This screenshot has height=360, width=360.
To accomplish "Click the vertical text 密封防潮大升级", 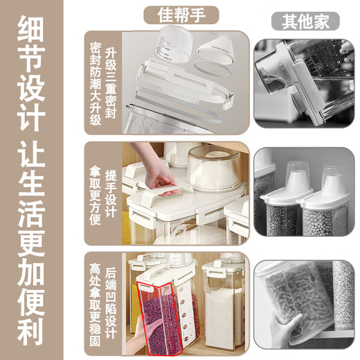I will (96, 83).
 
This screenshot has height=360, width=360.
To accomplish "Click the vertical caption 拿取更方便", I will (96, 193).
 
